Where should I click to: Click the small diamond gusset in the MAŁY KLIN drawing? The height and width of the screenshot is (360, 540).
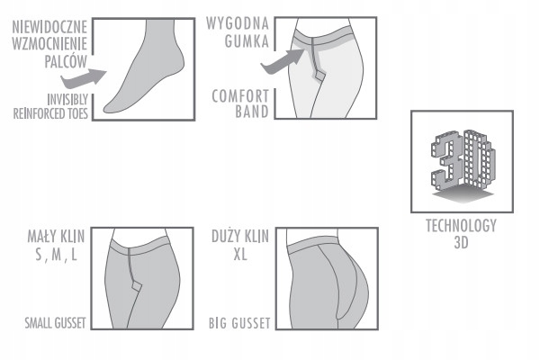(137, 286)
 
